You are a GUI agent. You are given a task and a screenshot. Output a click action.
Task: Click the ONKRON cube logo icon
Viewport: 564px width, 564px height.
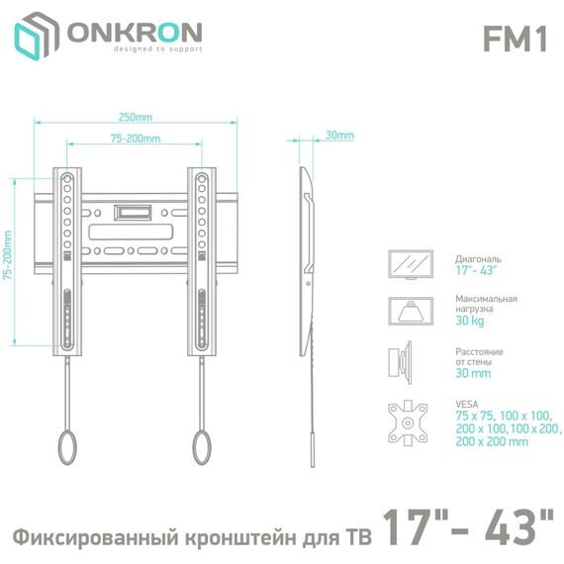click(37, 36)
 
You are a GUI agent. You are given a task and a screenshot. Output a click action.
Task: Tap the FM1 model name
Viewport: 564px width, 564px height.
click(516, 39)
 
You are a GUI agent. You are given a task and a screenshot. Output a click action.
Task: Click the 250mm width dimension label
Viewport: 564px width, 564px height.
click(136, 118)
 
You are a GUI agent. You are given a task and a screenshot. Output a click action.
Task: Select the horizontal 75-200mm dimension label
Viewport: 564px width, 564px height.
click(136, 139)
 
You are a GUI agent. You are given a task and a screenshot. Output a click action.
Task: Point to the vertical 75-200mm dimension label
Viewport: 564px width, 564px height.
click(8, 255)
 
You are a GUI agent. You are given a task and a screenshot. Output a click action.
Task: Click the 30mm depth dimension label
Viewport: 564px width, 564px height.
click(340, 136)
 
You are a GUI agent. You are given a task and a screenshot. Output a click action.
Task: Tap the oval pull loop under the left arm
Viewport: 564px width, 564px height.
click(67, 447)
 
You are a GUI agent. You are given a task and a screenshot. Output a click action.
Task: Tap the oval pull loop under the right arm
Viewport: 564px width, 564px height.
click(202, 447)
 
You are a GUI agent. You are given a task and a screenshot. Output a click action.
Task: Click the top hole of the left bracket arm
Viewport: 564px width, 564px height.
click(67, 178)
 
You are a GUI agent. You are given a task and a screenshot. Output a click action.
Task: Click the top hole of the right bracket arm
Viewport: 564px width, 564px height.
click(202, 178)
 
